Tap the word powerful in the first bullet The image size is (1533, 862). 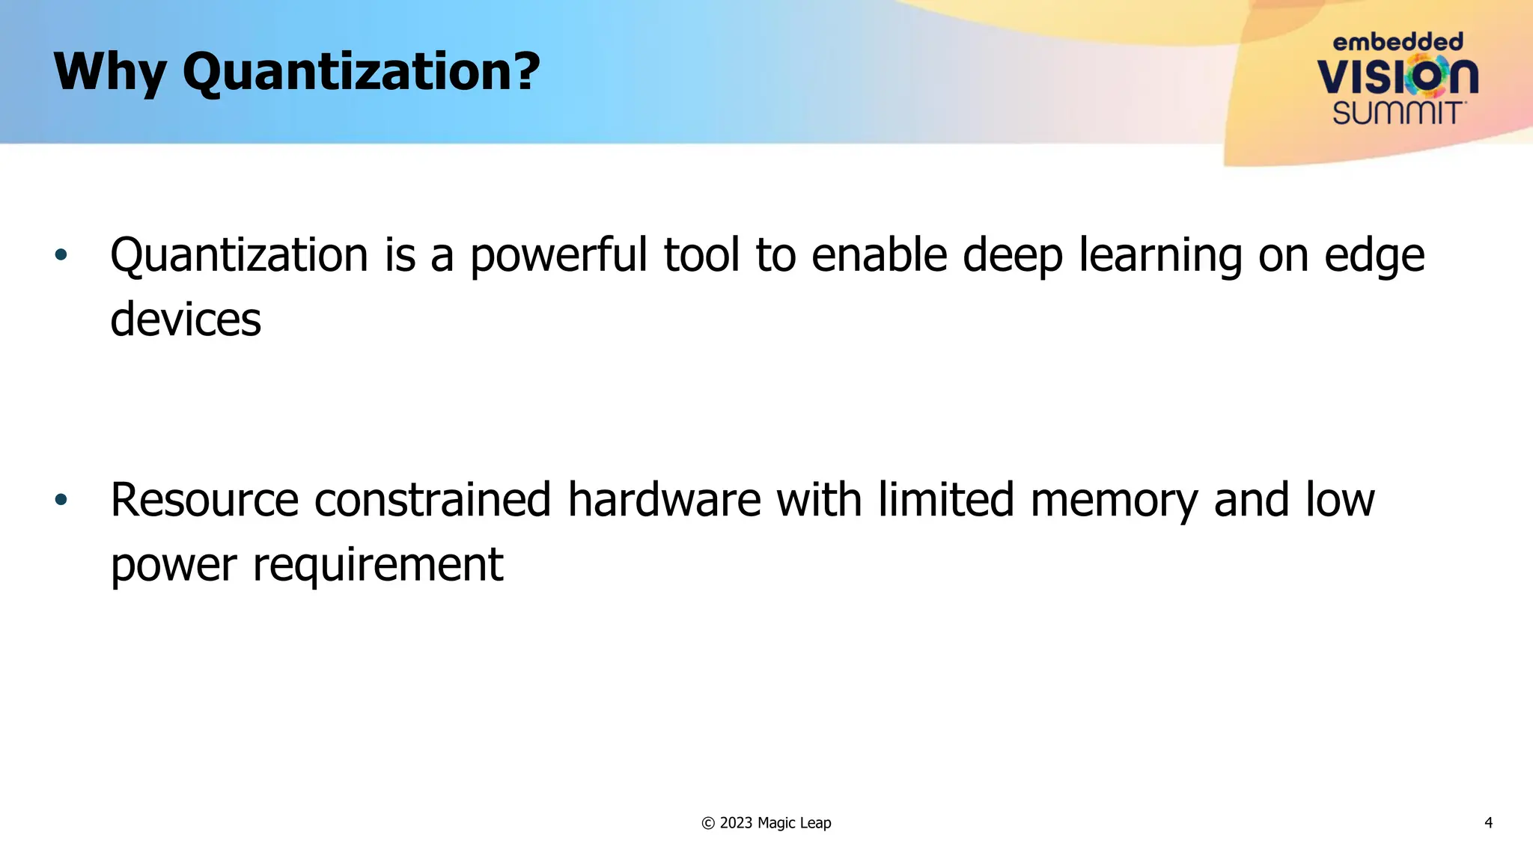pos(558,256)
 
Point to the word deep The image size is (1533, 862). pos(1012,256)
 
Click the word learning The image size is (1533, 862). pos(1159,256)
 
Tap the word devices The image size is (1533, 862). pos(186,320)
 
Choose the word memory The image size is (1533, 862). pos(1114,501)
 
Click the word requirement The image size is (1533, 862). pos(378,565)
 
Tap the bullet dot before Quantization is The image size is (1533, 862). pos(61,255)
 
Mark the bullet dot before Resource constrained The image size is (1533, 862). pos(61,500)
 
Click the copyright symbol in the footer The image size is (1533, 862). pos(708,823)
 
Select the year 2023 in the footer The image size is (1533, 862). pos(736,823)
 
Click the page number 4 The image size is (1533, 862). pos(1488,823)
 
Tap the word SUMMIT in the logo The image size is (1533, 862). pos(1398,113)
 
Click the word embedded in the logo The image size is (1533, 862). pos(1398,42)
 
